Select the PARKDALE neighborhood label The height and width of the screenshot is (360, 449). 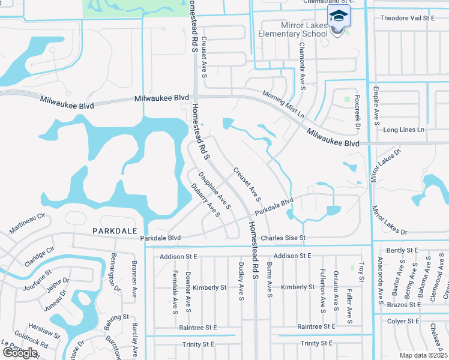(x=111, y=230)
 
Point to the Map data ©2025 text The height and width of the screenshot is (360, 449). (x=423, y=355)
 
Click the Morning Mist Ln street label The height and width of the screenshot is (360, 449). (x=283, y=104)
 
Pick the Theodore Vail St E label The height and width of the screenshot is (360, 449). (x=407, y=18)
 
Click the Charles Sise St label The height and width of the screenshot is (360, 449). (x=283, y=238)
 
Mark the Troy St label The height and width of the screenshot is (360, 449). (x=361, y=271)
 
